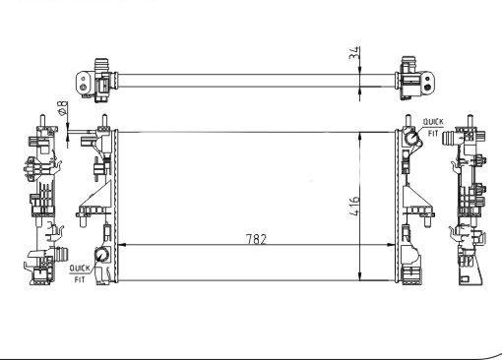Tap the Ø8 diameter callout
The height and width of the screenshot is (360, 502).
coord(62,109)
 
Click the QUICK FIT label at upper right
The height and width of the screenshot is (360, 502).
coord(433,126)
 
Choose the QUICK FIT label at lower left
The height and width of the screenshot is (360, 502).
coord(79,272)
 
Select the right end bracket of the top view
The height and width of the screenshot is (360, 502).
coord(411,76)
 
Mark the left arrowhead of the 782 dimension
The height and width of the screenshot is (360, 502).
coord(121,245)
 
